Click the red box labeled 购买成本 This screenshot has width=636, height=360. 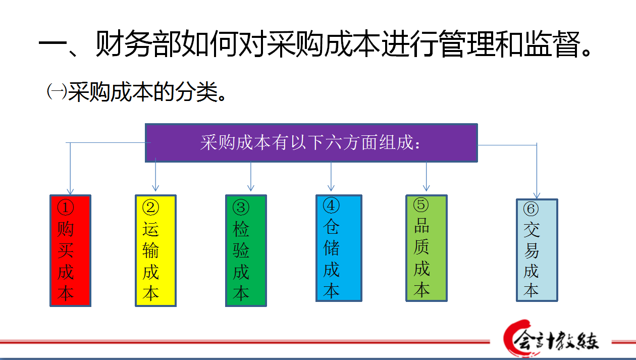(x=71, y=251)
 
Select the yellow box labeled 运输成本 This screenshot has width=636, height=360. (x=155, y=251)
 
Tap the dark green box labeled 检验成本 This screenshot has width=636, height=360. (x=246, y=251)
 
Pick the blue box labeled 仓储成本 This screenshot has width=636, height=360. (x=339, y=248)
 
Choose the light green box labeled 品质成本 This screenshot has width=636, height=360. (x=427, y=248)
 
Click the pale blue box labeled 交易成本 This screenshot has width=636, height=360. (x=537, y=250)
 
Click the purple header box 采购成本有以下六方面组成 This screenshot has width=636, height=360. (x=311, y=143)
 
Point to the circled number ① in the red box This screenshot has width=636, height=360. (x=66, y=208)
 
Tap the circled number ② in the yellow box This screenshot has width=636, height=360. (x=150, y=208)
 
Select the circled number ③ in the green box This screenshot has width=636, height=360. (x=241, y=208)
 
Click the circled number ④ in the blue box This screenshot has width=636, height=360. (x=331, y=205)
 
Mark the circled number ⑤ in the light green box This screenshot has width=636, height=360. (x=421, y=204)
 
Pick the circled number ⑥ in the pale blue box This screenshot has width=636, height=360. (x=531, y=209)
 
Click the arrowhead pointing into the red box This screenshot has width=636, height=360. (x=71, y=192)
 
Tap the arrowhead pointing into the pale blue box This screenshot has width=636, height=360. (x=537, y=195)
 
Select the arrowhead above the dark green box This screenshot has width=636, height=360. (x=251, y=188)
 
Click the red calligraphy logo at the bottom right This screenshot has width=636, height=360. (x=551, y=338)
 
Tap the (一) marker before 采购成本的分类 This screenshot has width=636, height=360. (x=57, y=91)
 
